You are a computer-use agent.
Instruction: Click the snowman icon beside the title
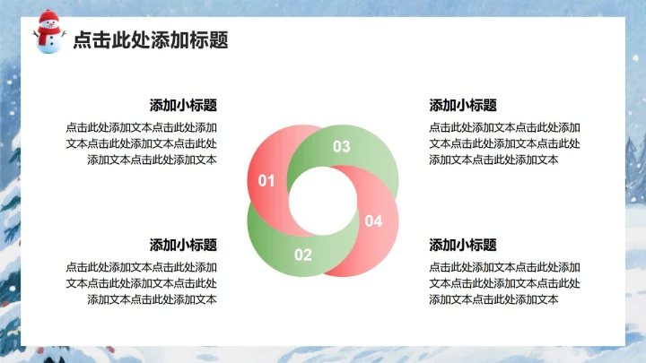[49, 32]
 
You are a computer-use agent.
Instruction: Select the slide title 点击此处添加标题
[150, 39]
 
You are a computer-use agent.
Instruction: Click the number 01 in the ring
[266, 181]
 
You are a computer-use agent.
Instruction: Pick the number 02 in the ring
[303, 255]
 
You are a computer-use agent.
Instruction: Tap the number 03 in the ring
[342, 146]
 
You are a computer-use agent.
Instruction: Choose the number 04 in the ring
[373, 220]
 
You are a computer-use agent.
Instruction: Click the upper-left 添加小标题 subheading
[183, 105]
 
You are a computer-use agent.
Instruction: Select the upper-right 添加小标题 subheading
[463, 105]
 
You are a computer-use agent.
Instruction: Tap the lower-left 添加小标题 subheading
[183, 245]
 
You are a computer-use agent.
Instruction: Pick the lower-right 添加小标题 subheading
[463, 245]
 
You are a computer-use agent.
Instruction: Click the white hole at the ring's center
[321, 201]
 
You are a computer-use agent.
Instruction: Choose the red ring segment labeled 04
[377, 242]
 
